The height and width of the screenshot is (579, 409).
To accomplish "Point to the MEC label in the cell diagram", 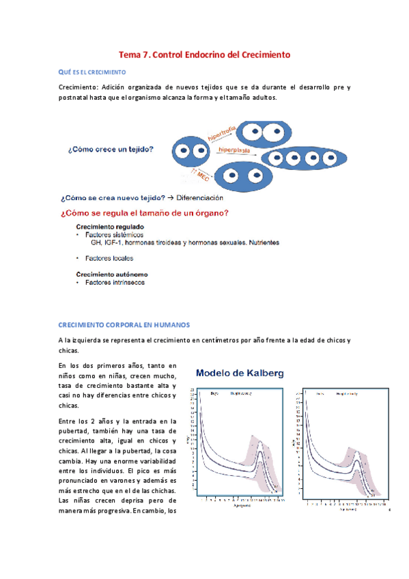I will (x=203, y=177).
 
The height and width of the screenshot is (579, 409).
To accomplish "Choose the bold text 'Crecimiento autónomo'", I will (x=110, y=274).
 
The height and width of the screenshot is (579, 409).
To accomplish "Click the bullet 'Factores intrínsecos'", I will (x=114, y=282).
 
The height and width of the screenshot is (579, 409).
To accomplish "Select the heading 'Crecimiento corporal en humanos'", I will (x=124, y=324).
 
